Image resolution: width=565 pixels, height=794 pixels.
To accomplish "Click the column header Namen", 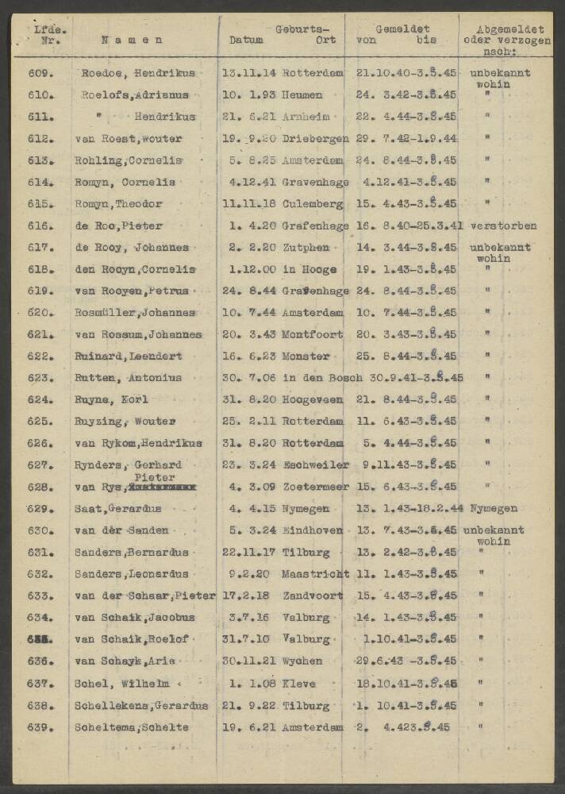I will tap(133, 39).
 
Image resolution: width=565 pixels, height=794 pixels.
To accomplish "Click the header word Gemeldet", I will tap(402, 27).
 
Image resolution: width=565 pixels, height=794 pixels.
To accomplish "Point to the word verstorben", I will tap(502, 226).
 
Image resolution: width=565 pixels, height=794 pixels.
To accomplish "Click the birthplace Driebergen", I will tap(315, 138).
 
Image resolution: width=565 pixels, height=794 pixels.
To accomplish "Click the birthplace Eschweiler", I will tap(313, 465).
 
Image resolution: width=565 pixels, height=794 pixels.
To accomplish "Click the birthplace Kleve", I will tap(298, 683).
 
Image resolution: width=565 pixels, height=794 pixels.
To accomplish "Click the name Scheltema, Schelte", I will tap(131, 727).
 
